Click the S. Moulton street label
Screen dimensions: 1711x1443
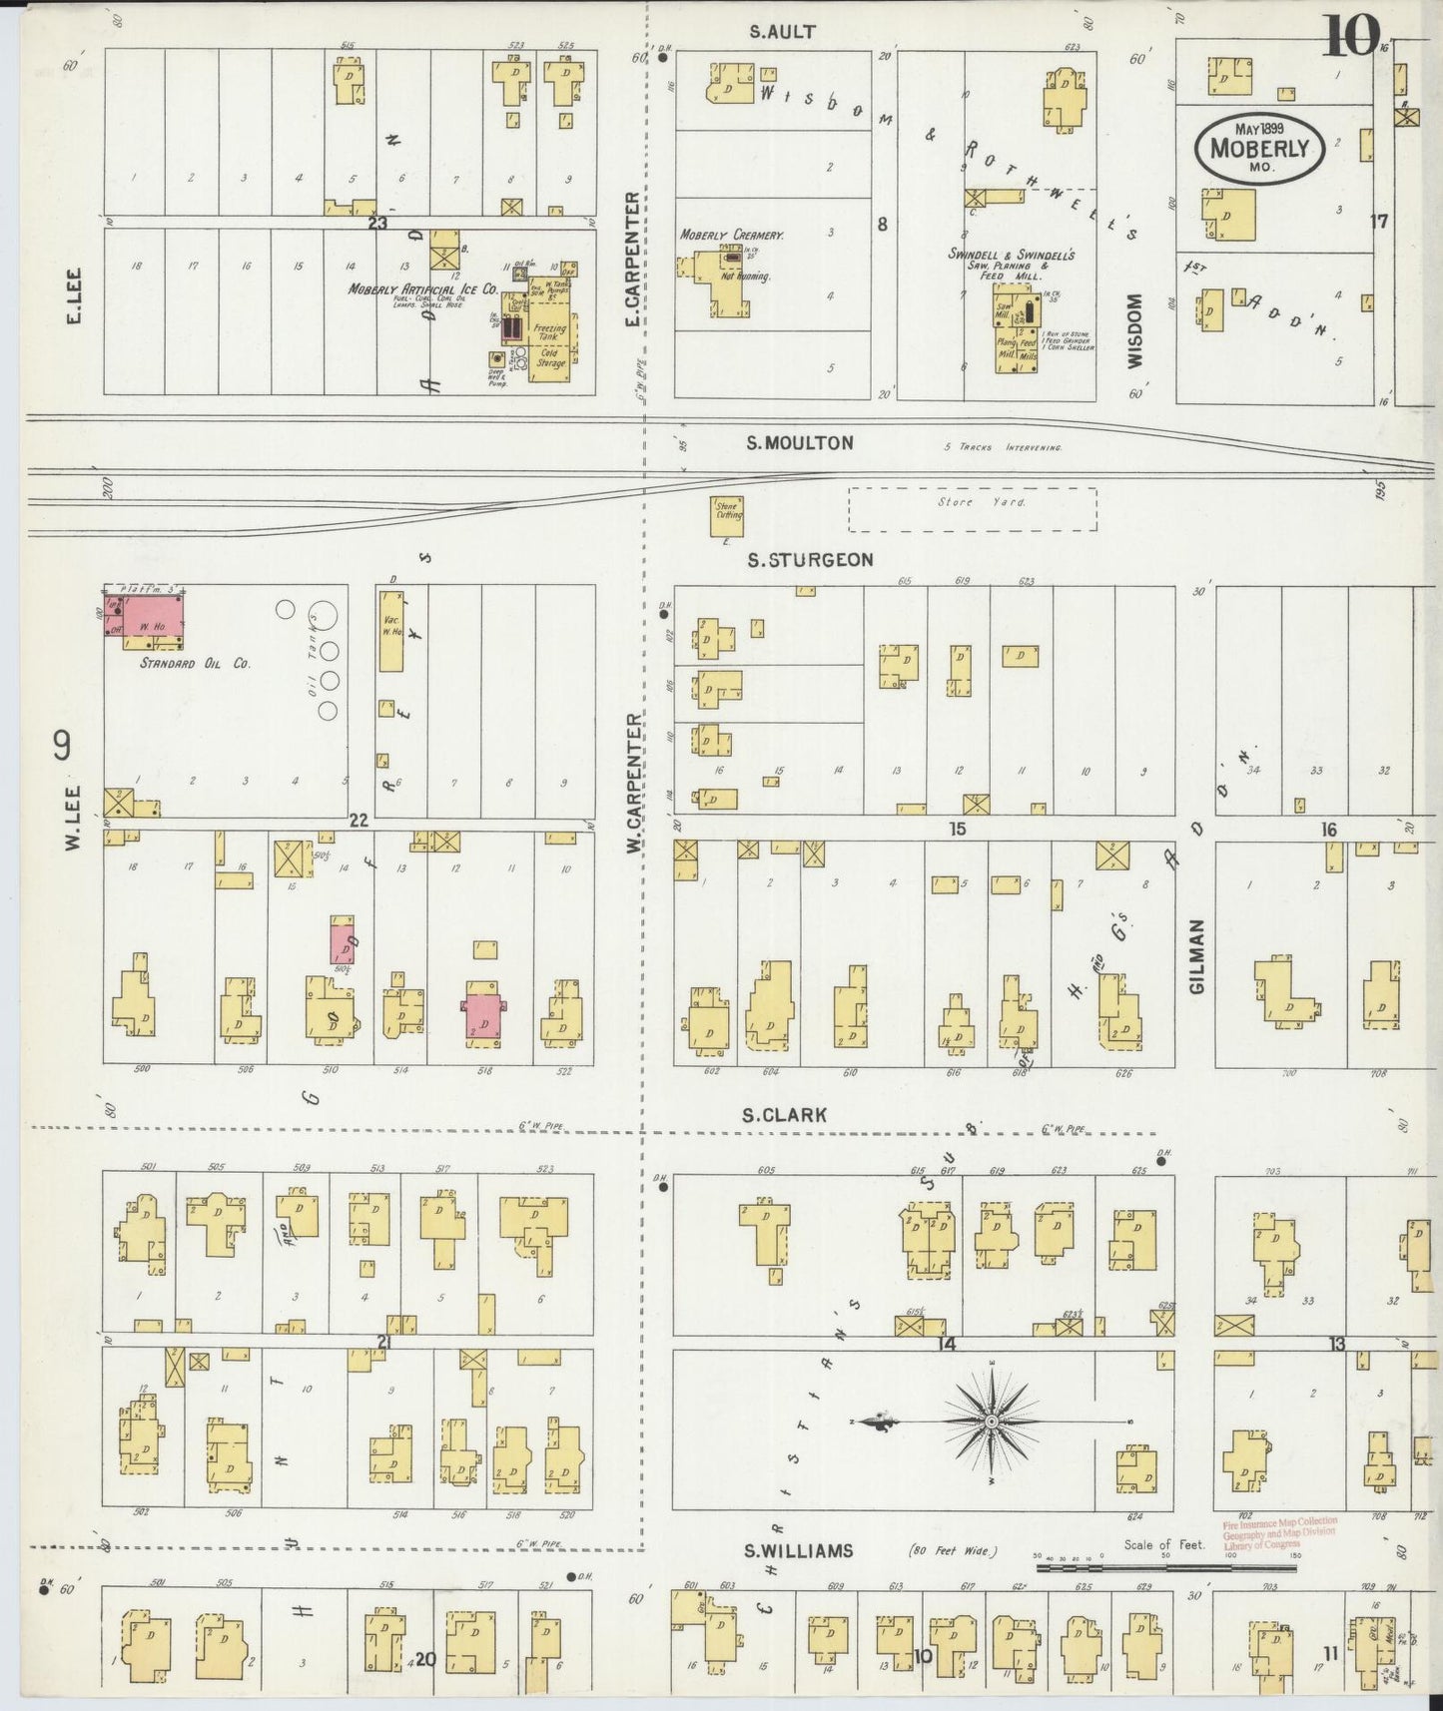800,443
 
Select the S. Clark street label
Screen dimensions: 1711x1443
785,1114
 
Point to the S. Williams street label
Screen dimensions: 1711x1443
799,1550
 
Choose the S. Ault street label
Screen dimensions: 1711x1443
783,32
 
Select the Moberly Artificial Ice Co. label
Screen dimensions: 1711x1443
421,289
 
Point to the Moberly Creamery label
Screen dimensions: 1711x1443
732,236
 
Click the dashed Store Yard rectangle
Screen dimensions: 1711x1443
972,509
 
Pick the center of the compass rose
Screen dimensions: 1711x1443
991,1421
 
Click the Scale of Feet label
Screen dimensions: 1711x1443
1163,1544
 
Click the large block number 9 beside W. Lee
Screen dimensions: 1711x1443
62,746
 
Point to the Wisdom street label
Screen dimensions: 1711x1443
1137,329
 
